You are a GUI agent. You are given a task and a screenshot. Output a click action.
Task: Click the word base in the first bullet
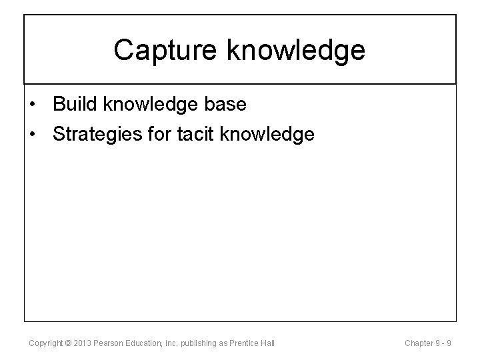[227, 105]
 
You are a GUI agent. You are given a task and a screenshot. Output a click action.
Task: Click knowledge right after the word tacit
[267, 134]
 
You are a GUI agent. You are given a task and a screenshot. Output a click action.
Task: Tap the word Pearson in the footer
[107, 343]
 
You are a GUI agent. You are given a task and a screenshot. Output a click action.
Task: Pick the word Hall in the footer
[268, 343]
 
